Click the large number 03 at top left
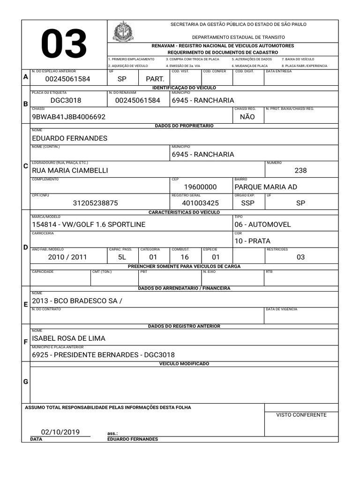pos(64,45)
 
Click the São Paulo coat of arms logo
pos(123,31)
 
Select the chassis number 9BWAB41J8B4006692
pos(68,117)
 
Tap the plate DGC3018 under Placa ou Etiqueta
pos(66,100)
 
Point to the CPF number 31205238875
pos(95,203)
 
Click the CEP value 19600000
pos(200,187)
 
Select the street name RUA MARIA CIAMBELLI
pos(70,171)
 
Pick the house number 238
pos(300,171)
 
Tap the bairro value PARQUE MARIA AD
pos(265,187)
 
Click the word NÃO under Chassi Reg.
pos(247,117)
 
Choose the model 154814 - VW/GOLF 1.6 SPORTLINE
pos(89,225)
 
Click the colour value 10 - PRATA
pos(252,241)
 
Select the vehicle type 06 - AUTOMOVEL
pos(262,225)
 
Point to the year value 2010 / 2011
pos(67,257)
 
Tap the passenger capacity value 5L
pos(122,257)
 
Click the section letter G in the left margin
pos(26,382)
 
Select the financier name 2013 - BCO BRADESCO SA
pos(77,301)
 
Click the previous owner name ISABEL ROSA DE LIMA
pos(68,338)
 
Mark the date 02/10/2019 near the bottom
pos(60,432)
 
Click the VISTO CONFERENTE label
pos(301,415)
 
